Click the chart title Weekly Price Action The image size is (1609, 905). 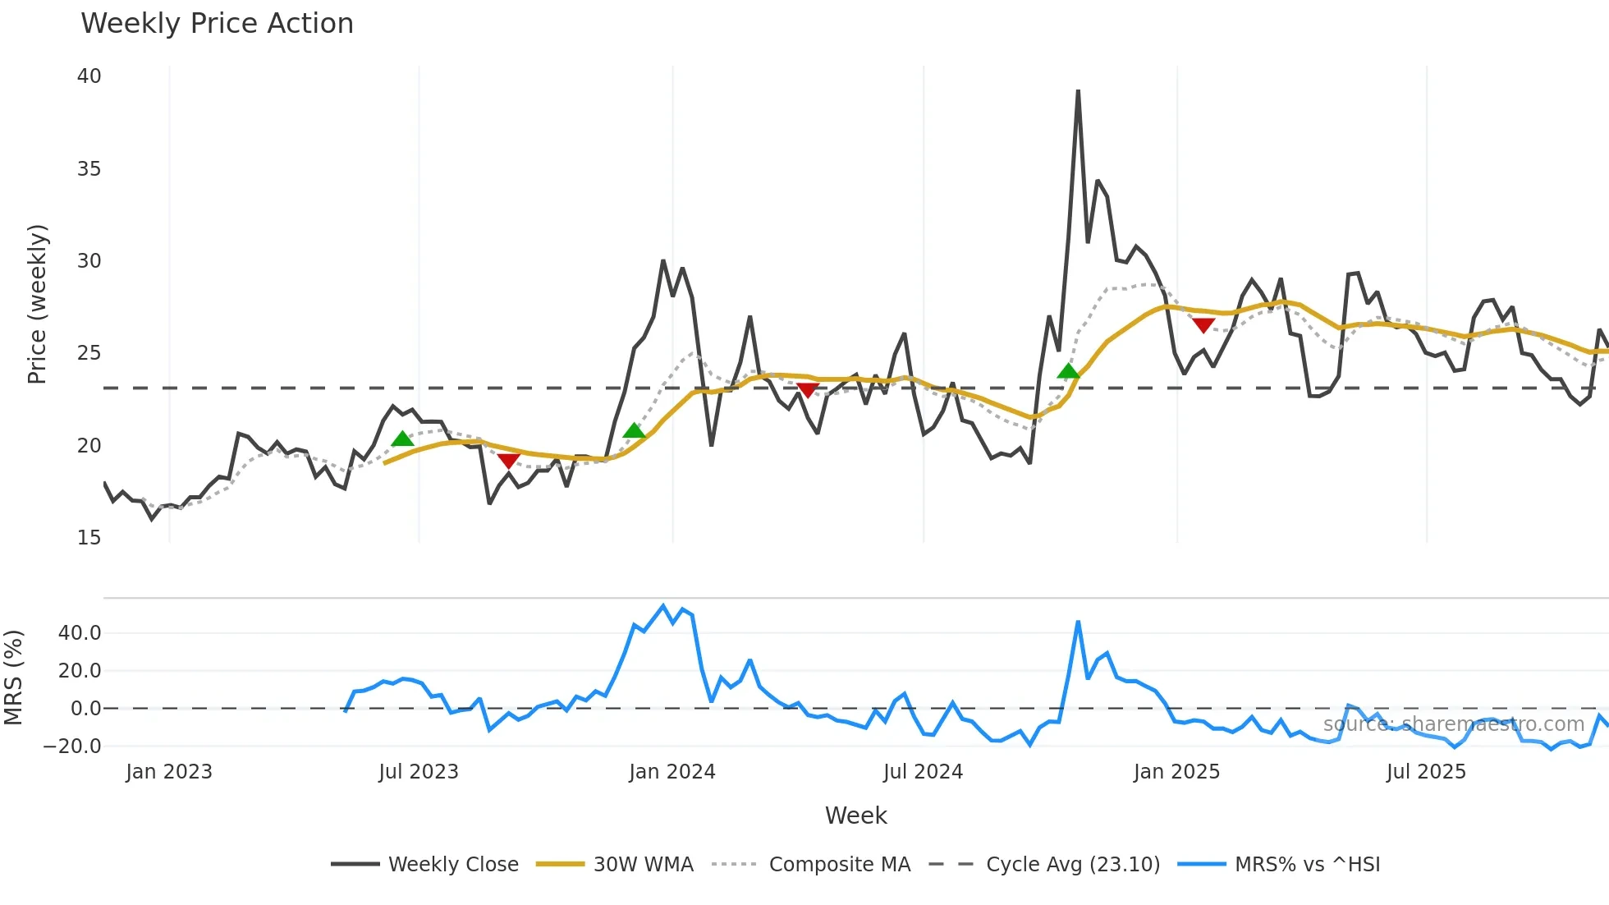217,24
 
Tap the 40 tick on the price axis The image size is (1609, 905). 89,76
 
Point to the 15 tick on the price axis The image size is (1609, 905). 89,538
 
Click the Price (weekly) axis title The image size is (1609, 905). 37,304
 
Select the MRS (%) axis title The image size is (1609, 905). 13,678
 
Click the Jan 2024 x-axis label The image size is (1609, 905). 672,772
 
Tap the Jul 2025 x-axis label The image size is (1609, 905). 1425,772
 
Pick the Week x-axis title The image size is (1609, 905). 855,815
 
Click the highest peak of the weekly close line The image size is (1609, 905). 1078,91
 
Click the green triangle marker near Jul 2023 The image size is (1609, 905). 402,439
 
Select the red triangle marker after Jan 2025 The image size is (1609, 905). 1203,326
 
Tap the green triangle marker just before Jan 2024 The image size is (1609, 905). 634,430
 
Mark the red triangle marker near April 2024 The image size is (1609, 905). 808,390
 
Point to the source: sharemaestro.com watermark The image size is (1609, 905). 1453,724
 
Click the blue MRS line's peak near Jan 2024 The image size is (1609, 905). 663,606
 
